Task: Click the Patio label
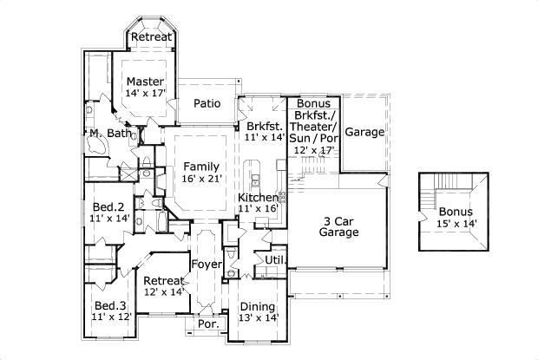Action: [207, 104]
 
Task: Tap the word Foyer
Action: [207, 265]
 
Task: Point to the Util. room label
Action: [276, 259]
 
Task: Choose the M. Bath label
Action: [110, 134]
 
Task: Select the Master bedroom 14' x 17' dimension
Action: [144, 93]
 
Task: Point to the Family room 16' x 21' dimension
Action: [201, 178]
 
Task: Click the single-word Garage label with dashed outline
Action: [364, 132]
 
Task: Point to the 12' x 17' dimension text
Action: [312, 149]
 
